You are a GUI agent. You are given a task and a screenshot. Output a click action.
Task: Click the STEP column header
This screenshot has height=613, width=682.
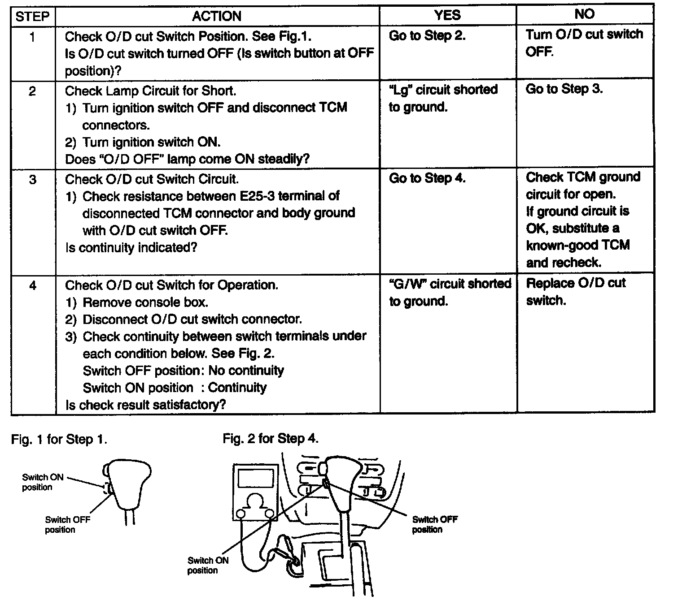coord(32,17)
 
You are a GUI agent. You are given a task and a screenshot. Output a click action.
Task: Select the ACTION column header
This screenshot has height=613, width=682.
coord(217,17)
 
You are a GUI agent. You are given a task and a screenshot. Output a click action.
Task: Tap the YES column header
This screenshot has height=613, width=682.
coord(447,15)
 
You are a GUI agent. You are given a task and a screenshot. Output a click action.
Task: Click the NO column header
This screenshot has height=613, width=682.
coord(584,14)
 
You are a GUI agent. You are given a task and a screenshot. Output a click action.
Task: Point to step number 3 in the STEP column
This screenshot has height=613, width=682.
coord(32,180)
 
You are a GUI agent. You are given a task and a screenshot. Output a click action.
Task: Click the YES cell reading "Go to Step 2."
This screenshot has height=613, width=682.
coord(427,36)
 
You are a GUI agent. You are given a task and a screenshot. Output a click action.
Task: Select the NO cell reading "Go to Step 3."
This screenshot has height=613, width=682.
coord(564,89)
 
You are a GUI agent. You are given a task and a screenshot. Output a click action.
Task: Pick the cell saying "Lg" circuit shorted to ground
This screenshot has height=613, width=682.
coord(443,98)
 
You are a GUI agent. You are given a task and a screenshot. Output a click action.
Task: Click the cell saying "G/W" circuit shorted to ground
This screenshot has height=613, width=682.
coord(450,292)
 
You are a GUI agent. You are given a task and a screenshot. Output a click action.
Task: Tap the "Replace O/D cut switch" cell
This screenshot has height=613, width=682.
coord(576,292)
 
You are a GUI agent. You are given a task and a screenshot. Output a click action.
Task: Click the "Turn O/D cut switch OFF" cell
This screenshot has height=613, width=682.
coord(584,43)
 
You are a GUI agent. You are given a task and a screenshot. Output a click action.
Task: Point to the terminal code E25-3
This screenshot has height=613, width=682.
coord(255,196)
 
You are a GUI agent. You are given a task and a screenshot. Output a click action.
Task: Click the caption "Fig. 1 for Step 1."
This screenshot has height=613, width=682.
coord(59,440)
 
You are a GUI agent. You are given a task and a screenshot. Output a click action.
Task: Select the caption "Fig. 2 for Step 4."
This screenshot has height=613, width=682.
coord(271,439)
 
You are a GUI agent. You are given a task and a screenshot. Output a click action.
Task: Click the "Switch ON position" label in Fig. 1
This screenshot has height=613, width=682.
coord(43,482)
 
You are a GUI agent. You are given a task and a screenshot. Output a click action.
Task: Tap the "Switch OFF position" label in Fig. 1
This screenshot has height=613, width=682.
coord(67,524)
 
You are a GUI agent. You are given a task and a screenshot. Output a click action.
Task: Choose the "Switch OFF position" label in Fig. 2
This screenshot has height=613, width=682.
coord(434,524)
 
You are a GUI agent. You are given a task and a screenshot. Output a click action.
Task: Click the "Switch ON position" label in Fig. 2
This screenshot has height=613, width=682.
coord(208,565)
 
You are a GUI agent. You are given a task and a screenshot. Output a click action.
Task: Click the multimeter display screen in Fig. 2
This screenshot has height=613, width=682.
coord(256,479)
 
